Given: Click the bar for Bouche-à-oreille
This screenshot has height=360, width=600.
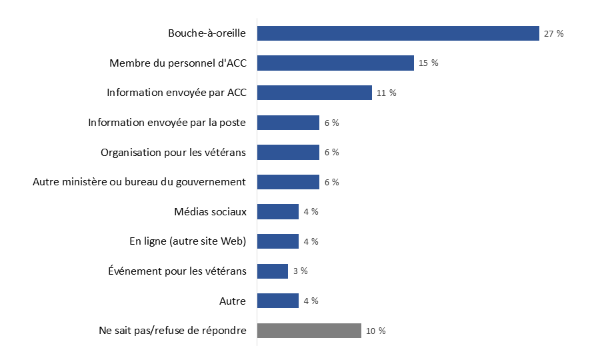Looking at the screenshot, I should (398, 33).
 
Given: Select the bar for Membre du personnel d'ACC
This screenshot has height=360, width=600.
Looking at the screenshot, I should (335, 63).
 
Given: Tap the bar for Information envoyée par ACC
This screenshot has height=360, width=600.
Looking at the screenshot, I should (314, 93).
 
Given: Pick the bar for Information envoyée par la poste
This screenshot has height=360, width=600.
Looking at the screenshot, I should (288, 123).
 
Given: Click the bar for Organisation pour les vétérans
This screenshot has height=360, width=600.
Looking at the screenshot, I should (288, 153).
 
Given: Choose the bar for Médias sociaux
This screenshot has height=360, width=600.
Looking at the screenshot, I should (277, 212).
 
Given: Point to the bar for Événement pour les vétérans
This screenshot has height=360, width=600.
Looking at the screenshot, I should (272, 271).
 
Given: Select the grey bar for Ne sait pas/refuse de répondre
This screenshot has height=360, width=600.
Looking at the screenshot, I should (309, 331).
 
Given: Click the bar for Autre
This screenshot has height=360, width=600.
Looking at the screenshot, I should (277, 301).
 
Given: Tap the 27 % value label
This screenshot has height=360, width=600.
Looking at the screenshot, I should (553, 33).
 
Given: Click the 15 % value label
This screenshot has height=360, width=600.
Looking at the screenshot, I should (429, 63).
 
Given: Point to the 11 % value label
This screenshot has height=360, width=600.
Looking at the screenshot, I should (386, 93).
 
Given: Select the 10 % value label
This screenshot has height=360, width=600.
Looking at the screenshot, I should (375, 331).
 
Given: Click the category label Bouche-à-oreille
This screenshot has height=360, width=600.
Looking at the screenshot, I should (207, 33).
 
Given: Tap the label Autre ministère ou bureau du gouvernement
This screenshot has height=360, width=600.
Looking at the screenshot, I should (139, 182).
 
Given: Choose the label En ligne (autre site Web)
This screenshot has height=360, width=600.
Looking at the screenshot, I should (187, 241).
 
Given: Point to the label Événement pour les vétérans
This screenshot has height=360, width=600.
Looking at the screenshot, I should (177, 271).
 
